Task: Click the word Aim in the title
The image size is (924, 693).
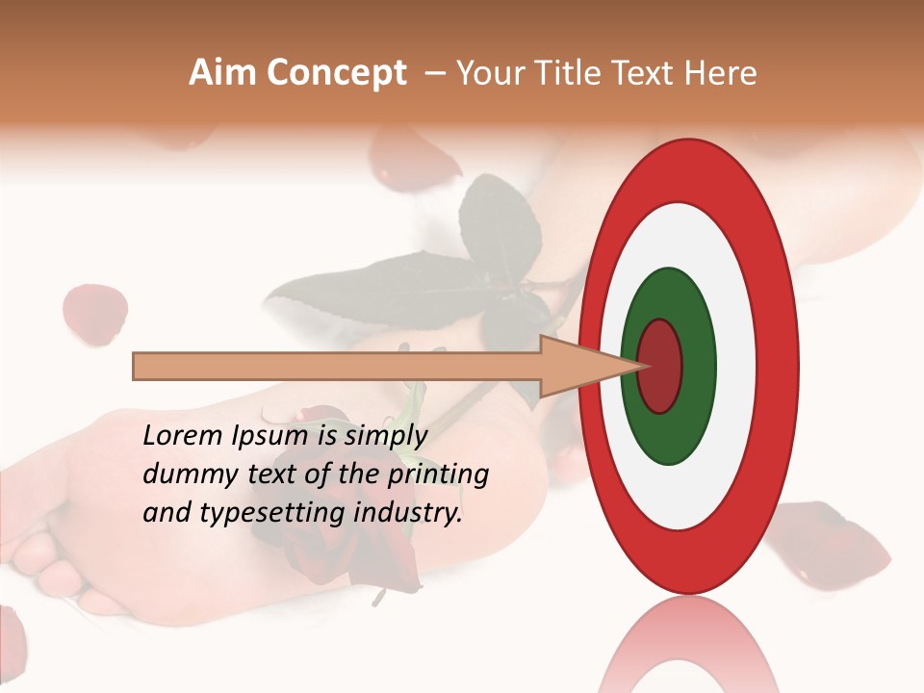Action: [223, 73]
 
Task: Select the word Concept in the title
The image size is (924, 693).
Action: [336, 73]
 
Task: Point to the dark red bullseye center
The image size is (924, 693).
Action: [660, 367]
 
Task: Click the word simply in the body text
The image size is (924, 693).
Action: [384, 436]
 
